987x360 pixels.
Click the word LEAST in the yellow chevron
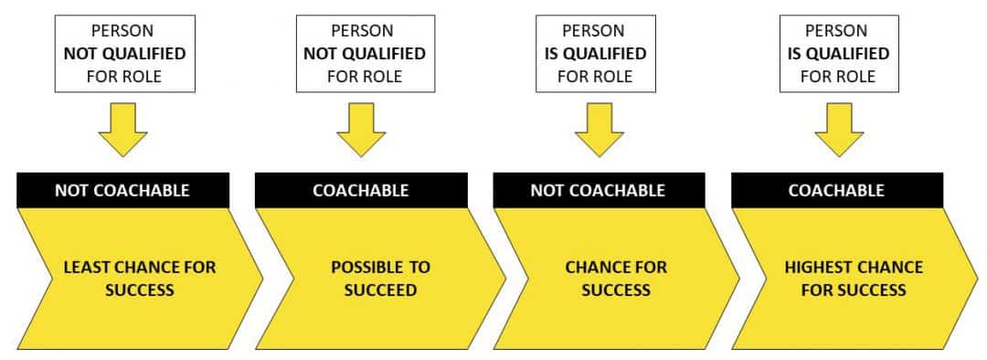86,268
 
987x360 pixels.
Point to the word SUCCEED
380,291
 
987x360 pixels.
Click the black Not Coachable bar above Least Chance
122,191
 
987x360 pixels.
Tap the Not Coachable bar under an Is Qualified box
599,191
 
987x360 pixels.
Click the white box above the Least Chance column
124,53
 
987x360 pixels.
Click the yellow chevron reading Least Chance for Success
128,279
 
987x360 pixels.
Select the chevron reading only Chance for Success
612,279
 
